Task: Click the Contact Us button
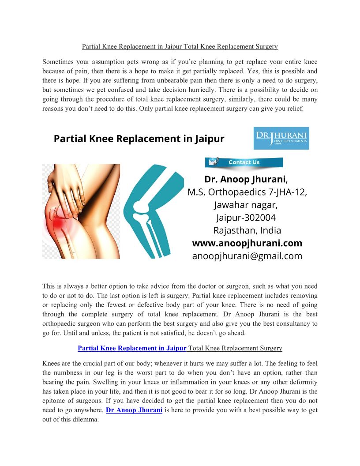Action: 244,162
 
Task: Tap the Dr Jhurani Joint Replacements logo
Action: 281,138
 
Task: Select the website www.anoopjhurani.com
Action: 247,243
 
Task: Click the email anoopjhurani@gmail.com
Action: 247,256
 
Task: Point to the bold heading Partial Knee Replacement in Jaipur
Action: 139,139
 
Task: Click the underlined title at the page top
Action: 180,46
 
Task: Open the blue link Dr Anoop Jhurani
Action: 134,410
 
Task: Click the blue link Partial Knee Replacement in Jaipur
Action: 132,348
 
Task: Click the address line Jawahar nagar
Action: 246,205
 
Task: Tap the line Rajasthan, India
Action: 247,230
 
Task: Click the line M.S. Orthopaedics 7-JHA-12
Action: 247,192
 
